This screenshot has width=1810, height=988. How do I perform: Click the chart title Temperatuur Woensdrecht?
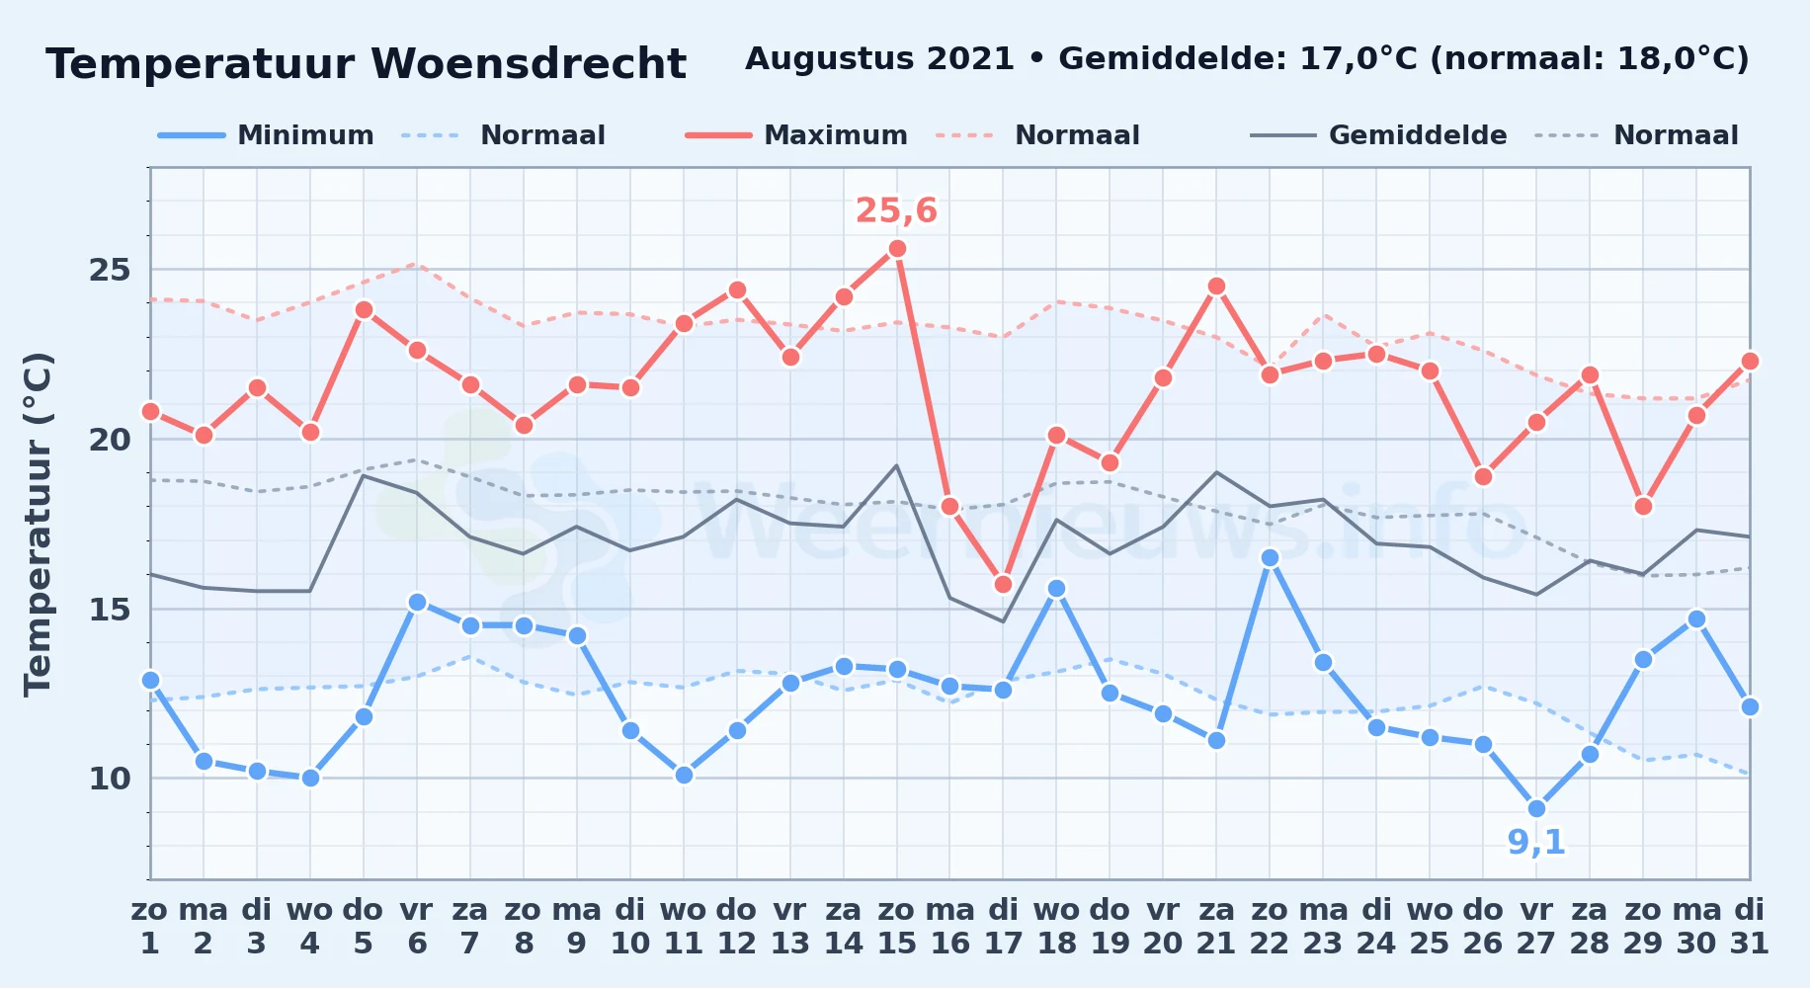click(366, 64)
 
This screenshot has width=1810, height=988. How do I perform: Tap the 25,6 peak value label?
click(896, 210)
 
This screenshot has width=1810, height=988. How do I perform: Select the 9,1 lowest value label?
click(1536, 842)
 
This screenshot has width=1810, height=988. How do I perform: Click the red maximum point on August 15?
click(897, 249)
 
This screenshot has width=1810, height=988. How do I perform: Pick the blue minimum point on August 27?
click(1536, 808)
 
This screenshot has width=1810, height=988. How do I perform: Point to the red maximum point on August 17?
click(1003, 585)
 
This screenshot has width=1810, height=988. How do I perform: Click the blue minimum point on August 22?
click(1270, 558)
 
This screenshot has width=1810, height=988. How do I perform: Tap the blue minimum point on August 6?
click(417, 602)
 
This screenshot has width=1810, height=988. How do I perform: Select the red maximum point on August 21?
click(1216, 287)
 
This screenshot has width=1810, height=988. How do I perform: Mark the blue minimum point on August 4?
click(310, 778)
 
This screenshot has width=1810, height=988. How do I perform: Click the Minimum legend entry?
click(266, 135)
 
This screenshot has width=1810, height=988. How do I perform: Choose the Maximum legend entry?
click(796, 135)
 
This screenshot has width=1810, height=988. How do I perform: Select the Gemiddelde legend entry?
click(1378, 135)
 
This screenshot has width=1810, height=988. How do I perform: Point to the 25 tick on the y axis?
click(110, 270)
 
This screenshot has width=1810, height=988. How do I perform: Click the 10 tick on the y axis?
click(110, 779)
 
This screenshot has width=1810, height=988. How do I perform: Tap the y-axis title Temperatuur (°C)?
click(38, 524)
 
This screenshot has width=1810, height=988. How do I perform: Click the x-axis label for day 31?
click(1749, 944)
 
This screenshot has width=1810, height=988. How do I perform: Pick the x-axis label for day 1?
click(150, 944)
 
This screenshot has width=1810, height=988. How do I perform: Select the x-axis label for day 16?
click(949, 944)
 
